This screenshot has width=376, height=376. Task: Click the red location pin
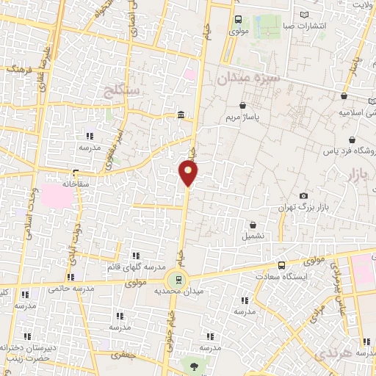tap(188, 172)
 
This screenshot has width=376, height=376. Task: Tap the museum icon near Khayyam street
tap(181, 114)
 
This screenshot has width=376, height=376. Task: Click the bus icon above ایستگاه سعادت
tap(281, 265)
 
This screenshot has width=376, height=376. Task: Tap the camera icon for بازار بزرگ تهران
tap(304, 195)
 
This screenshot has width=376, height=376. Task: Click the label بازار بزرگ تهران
tap(300, 208)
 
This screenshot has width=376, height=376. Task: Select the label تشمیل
tap(253, 236)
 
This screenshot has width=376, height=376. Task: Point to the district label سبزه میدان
tap(245, 77)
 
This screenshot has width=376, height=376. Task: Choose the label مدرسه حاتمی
tap(71, 289)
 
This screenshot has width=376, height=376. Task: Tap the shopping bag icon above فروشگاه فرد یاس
tap(352, 140)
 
